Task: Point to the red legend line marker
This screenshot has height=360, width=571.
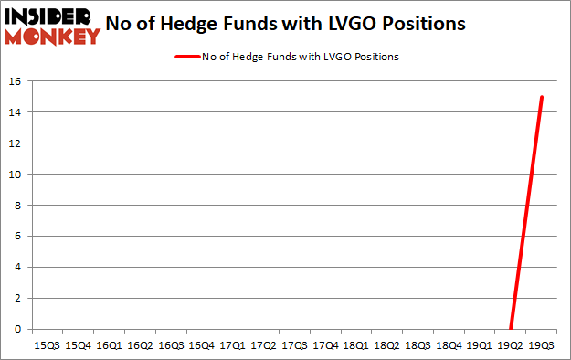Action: pos(194,57)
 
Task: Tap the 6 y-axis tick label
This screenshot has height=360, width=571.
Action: pos(17,237)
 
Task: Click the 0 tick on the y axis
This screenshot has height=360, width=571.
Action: pos(17,329)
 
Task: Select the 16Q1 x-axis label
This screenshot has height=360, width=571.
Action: pos(109,346)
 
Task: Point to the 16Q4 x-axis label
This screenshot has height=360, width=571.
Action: pos(201,346)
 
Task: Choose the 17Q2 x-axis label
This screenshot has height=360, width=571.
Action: pos(263,346)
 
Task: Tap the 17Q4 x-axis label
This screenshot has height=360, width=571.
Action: pos(324,346)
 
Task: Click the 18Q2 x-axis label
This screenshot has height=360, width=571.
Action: pos(386,346)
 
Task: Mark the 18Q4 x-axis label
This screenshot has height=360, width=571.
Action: pos(449,346)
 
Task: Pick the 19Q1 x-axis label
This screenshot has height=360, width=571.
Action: pos(480,346)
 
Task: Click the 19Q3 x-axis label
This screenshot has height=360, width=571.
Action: pos(541,346)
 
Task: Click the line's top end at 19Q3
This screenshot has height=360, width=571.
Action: pos(542,97)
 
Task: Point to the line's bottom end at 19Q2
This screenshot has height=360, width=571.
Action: pos(511,328)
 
